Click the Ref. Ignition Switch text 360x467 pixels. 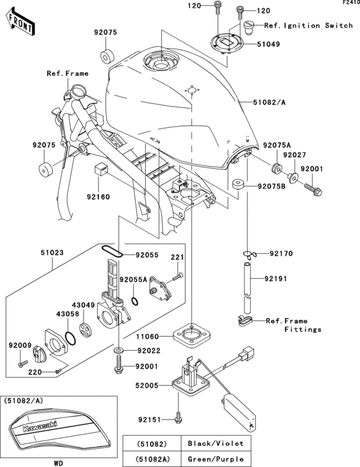[x=308, y=26]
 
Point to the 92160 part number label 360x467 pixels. [x=98, y=197]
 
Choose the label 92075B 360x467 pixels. [x=274, y=186]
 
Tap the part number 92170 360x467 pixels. [x=282, y=253]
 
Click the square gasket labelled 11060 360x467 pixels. [x=192, y=335]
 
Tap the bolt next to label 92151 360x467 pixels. [x=179, y=418]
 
